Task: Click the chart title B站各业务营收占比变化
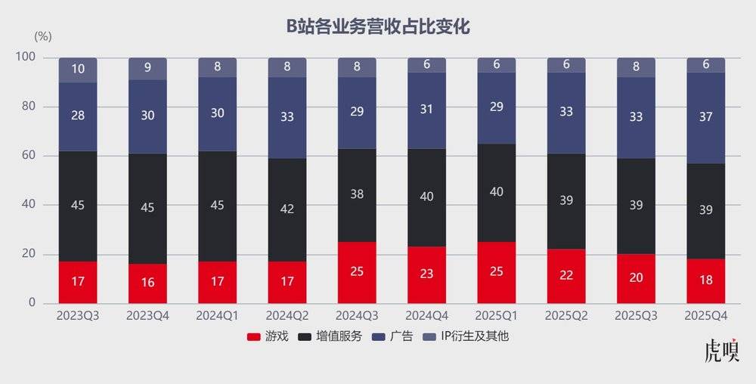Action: click(x=378, y=27)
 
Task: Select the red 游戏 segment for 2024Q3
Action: click(x=357, y=272)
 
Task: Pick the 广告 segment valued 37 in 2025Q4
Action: click(x=705, y=117)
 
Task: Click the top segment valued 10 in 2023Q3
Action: click(x=78, y=70)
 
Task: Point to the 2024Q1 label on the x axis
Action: click(x=217, y=314)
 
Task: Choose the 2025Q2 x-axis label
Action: click(x=566, y=314)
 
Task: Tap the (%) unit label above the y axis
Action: click(x=43, y=36)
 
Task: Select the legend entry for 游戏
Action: click(x=268, y=336)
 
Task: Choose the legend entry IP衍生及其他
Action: click(x=469, y=336)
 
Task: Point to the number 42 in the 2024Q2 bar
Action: click(x=287, y=209)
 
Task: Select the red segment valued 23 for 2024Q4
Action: click(x=426, y=274)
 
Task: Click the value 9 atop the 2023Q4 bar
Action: click(x=147, y=69)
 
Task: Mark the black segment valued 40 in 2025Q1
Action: click(x=496, y=192)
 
